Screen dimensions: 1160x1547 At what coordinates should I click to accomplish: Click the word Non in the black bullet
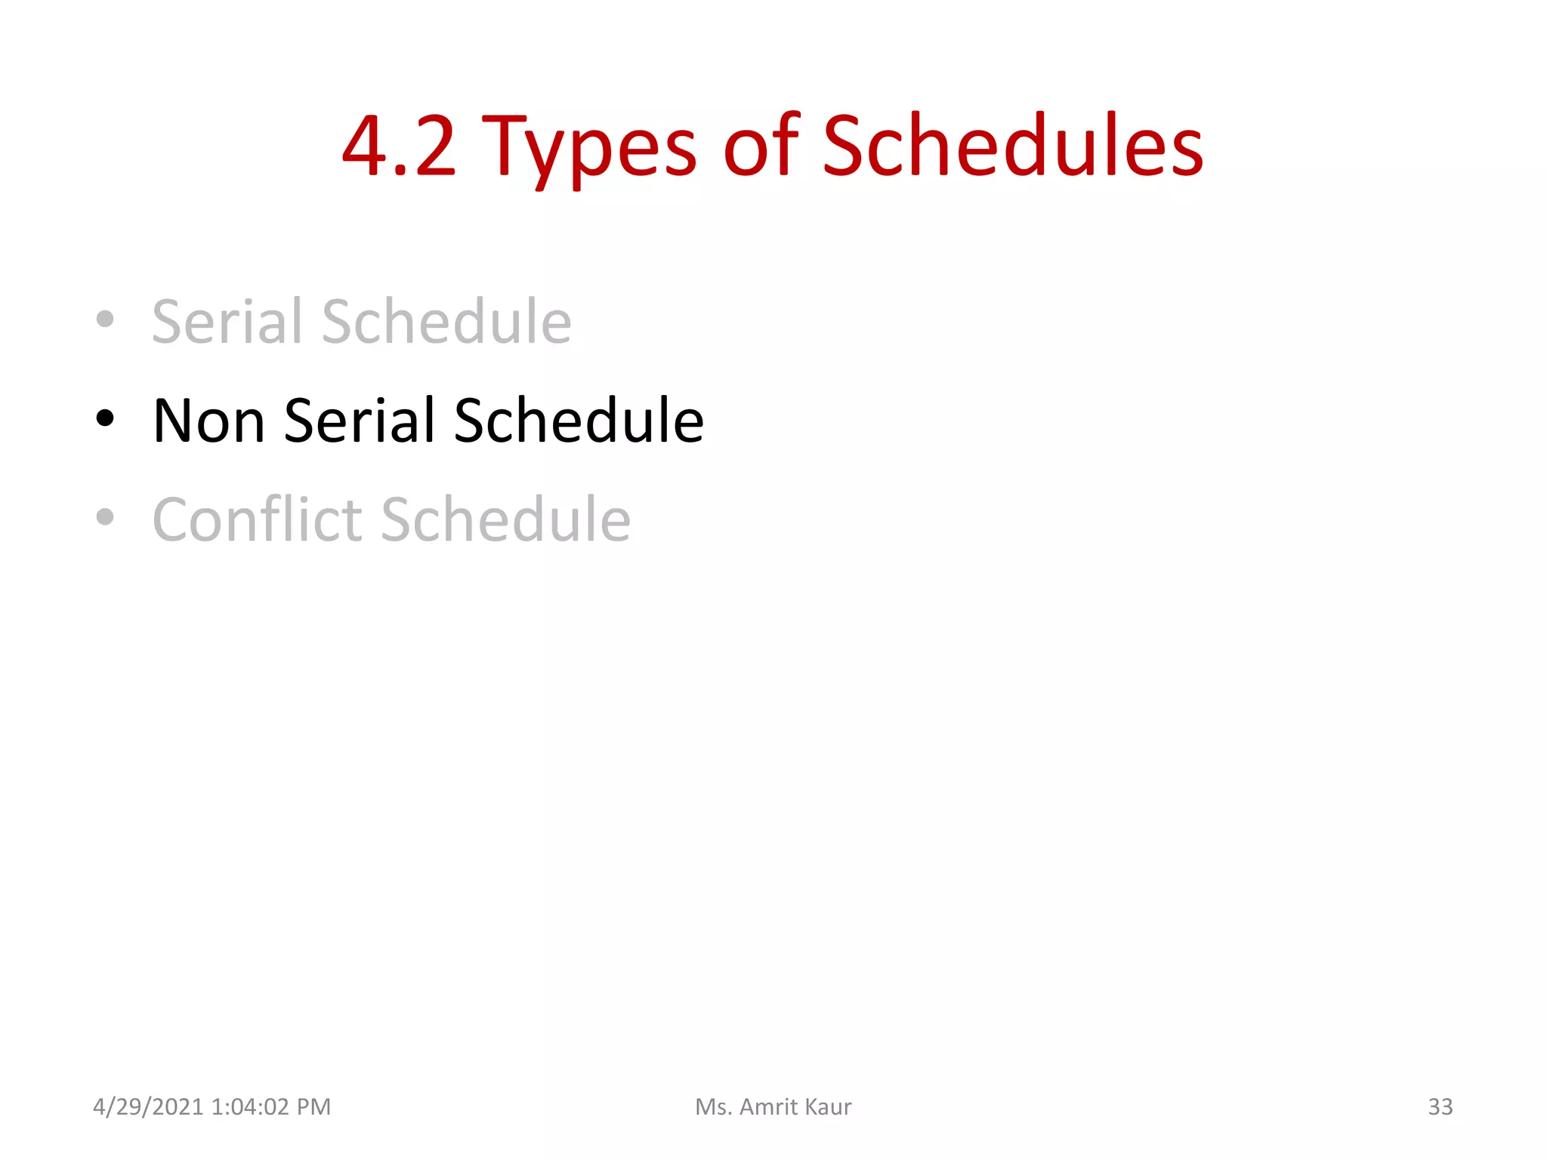[208, 421]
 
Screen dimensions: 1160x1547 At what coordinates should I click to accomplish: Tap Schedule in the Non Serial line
[579, 421]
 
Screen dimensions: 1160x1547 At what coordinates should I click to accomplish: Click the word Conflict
[258, 520]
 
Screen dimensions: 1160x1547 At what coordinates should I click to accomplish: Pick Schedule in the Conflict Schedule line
[505, 520]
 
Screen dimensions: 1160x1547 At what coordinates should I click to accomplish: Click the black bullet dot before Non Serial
[105, 418]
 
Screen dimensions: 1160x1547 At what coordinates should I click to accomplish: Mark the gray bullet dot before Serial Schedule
[105, 319]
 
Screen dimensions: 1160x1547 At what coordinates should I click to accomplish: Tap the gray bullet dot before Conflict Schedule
[105, 517]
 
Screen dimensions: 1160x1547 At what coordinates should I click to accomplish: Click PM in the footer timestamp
[313, 1107]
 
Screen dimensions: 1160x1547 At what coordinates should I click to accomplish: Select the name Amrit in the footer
[768, 1107]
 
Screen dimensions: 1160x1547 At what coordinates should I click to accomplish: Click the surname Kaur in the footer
[829, 1107]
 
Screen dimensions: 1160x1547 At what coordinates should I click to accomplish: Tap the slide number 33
[1440, 1107]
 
